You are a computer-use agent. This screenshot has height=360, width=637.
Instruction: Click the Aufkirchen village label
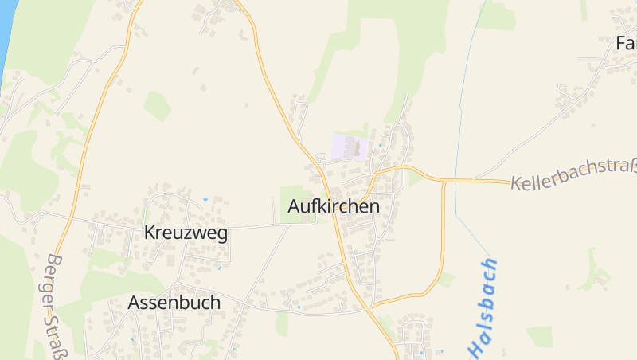[x=334, y=206]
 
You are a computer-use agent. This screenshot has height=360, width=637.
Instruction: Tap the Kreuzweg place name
[x=186, y=233]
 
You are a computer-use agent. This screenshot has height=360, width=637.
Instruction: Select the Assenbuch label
[x=174, y=303]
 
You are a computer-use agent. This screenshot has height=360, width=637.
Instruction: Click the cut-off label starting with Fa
[x=626, y=42]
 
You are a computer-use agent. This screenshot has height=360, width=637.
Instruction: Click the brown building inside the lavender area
[x=355, y=147]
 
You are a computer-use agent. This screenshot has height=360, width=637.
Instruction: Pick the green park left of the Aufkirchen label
[x=294, y=195]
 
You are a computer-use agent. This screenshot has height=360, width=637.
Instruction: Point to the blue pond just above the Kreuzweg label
[x=205, y=198]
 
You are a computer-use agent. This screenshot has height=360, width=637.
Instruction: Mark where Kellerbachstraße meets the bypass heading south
[x=444, y=180]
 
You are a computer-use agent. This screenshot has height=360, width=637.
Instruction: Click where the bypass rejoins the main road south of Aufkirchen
[x=373, y=305]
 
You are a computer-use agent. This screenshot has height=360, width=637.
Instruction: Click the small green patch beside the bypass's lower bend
[x=446, y=279]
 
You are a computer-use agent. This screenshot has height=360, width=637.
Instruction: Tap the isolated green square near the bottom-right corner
[x=539, y=337]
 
